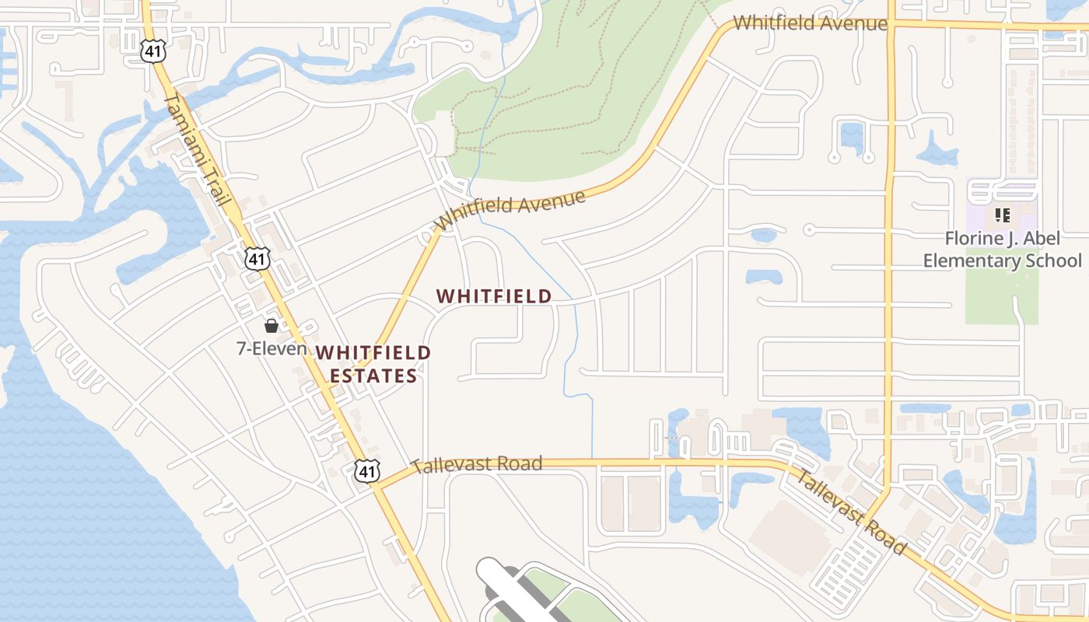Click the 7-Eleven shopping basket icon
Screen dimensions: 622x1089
[271, 326]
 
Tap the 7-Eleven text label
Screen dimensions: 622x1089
[271, 348]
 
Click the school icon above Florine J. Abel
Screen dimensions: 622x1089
[1002, 215]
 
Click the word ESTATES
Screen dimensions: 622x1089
[373, 376]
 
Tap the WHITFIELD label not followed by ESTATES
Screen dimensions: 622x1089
[494, 296]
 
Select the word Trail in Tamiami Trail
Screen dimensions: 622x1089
[216, 185]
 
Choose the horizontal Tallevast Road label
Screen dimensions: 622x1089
[476, 465]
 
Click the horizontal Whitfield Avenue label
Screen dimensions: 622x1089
[810, 23]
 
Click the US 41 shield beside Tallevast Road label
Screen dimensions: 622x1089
[368, 470]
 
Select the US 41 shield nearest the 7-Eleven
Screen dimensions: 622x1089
[257, 259]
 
